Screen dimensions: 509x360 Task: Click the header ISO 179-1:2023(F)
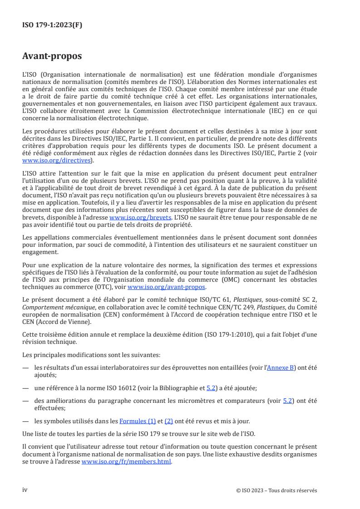coord(52,25)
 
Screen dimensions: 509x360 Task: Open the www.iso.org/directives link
coord(57,161)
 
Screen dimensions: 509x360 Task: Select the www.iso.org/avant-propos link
coord(167,287)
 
